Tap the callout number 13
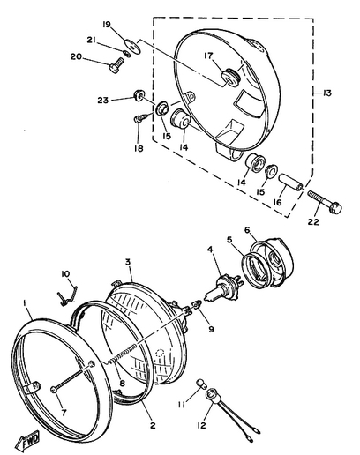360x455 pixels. [326, 93]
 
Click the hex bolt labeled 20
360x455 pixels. [116, 66]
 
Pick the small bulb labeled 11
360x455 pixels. [201, 384]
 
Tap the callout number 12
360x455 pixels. [202, 425]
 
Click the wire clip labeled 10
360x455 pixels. [67, 295]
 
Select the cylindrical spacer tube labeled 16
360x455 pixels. [292, 183]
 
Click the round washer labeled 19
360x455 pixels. [132, 46]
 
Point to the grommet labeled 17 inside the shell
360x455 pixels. [231, 77]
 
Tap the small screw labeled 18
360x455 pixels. [138, 120]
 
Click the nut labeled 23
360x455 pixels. [138, 94]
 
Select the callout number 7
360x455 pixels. [64, 413]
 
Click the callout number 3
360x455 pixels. [128, 262]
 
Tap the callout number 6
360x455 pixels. [247, 230]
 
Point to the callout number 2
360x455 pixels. [153, 425]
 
